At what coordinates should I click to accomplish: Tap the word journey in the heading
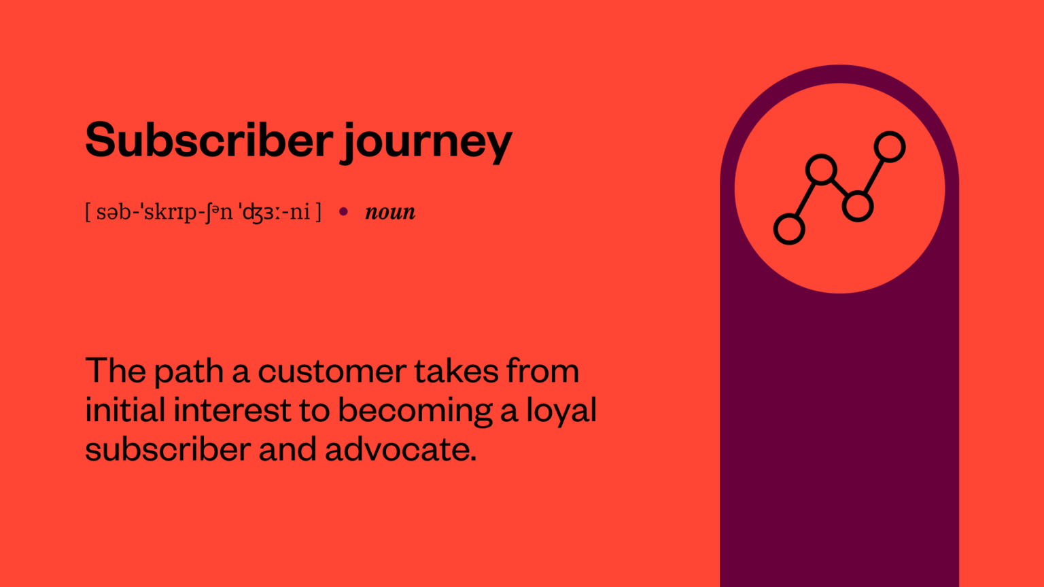pos(426,143)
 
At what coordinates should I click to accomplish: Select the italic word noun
pos(390,212)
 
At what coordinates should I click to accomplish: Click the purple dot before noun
pos(343,212)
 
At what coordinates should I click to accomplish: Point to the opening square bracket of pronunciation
pos(88,212)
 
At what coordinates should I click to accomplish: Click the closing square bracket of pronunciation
pos(318,212)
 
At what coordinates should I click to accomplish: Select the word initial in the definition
pos(125,410)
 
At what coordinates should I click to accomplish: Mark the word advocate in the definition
pos(400,450)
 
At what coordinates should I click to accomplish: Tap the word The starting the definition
pos(115,372)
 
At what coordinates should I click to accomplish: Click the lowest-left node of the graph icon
pos(789,229)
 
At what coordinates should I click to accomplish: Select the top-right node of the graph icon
pos(890,147)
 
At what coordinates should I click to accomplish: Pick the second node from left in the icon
pos(821,169)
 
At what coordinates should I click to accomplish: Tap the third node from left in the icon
pos(857,207)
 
